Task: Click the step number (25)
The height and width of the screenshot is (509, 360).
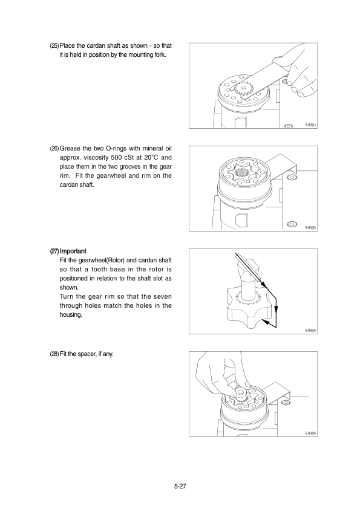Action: [54, 46]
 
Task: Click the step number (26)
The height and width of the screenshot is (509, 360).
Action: [54, 149]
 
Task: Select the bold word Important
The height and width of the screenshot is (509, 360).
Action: [73, 251]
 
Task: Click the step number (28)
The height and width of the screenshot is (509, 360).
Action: [54, 354]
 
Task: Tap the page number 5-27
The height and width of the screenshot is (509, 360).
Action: [180, 486]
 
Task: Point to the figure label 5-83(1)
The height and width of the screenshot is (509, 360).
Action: [310, 125]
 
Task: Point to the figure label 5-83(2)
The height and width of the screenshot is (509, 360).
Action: [310, 228]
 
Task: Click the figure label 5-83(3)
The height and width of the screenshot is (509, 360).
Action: [310, 331]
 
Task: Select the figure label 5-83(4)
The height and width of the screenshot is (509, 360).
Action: [310, 433]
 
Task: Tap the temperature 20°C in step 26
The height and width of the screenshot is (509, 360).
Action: [151, 158]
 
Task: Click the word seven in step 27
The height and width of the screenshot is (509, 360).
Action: [163, 297]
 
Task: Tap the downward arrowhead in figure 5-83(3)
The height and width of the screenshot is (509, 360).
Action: [276, 311]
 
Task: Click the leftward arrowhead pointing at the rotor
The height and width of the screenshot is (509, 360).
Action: [266, 322]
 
